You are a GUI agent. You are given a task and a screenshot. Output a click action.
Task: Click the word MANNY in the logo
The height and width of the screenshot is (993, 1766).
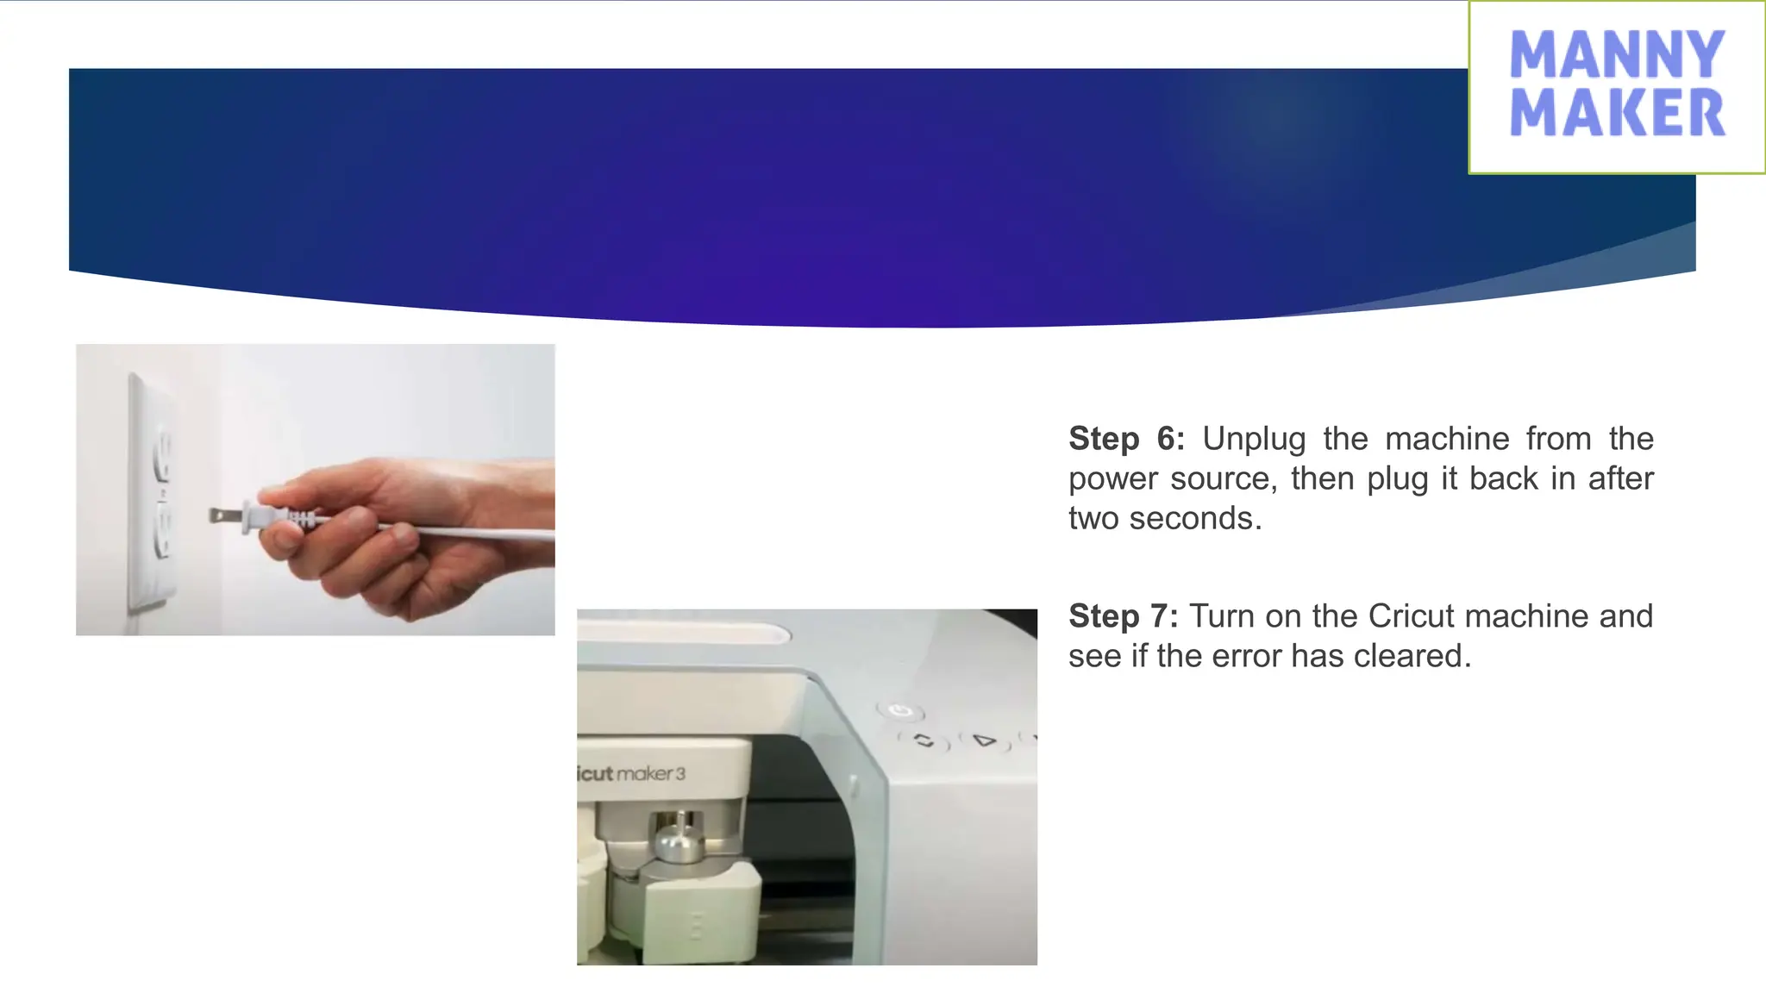coord(1617,54)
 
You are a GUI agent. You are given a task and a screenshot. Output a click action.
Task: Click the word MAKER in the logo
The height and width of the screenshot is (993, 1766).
coord(1617,113)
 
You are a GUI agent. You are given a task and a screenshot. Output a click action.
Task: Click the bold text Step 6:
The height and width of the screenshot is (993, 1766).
coord(1126,439)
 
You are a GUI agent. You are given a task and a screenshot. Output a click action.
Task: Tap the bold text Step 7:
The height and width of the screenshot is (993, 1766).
coord(1123,616)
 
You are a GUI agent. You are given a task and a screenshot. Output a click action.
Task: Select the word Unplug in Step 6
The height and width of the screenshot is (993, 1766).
coord(1254,439)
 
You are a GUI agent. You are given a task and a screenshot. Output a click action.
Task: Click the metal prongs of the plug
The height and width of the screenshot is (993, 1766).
coord(223,516)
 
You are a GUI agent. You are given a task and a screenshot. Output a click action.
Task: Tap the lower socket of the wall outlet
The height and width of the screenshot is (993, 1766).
coord(161,534)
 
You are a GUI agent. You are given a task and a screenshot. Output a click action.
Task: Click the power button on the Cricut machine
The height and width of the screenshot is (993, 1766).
coord(900,711)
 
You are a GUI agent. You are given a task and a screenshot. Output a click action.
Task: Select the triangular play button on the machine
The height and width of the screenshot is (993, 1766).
coord(983,740)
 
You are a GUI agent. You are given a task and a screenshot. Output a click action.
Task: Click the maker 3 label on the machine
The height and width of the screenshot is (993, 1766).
coord(651,773)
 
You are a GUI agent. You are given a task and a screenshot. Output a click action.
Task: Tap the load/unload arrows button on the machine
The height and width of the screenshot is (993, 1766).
coord(924,740)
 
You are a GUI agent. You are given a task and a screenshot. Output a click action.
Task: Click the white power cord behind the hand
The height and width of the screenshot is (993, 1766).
coord(483,531)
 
